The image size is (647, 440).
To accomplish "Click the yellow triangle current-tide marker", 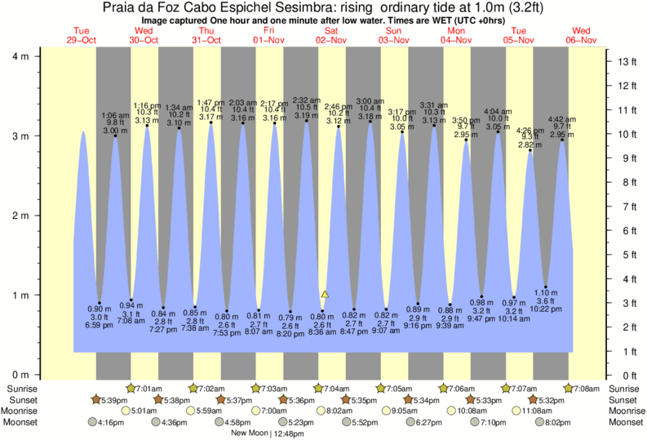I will (325, 294).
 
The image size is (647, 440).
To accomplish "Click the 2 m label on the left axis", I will (19, 216).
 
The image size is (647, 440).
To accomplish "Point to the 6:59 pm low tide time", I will (99, 326).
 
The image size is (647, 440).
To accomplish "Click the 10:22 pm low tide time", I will (546, 309).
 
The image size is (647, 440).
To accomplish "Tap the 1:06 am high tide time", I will (115, 116).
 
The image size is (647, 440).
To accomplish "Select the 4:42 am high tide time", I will (563, 119).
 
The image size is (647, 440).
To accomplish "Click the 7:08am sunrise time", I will (587, 388).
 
